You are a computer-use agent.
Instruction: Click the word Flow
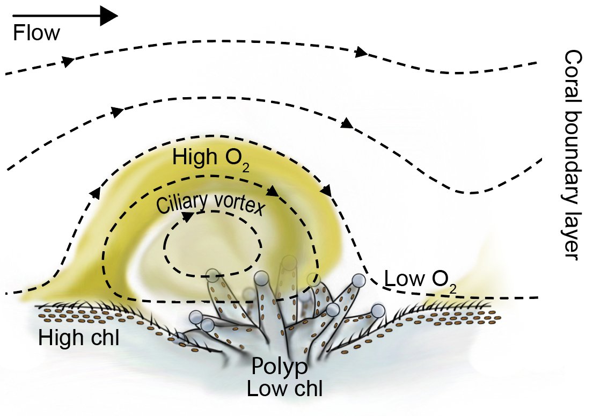pos(36,34)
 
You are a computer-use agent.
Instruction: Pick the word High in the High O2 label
pos(191,157)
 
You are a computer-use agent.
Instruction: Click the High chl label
pos(78,338)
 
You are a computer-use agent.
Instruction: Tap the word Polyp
pos(281,367)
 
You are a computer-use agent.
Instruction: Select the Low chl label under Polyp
pos(284,388)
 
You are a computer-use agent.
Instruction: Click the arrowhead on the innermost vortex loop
pos(188,216)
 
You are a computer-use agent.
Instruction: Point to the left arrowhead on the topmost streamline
pos(68,61)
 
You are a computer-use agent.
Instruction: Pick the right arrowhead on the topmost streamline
pos(361,53)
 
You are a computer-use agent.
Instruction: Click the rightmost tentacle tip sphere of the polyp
pos(378,311)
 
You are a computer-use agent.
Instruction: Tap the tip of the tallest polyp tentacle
pos(289,262)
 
